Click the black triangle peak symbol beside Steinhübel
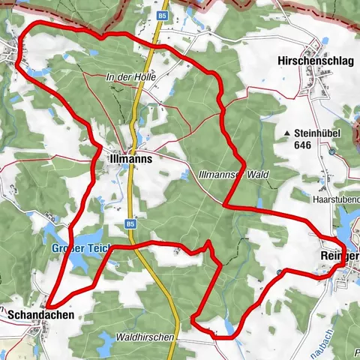287,134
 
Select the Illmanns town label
130,160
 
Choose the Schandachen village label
41,316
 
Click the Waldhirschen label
145,337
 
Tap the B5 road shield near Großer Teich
130,223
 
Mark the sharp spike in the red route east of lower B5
209,242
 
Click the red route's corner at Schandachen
48,304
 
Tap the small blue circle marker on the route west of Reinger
279,272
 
